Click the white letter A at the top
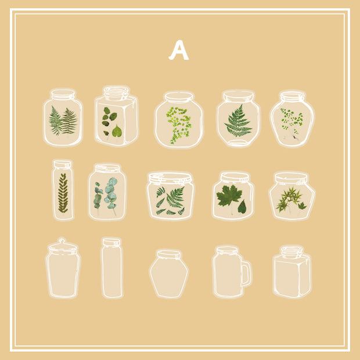click(179, 50)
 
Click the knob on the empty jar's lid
click(62, 241)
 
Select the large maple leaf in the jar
click(229, 196)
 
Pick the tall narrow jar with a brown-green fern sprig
click(63, 190)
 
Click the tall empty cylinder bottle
click(112, 268)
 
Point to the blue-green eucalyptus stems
click(106, 195)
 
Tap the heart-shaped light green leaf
click(117, 131)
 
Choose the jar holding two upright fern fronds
click(63, 117)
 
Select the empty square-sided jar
click(292, 272)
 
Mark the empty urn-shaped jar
click(169, 274)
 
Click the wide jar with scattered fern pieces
click(170, 196)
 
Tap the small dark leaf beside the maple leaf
click(242, 207)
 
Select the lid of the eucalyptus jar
click(107, 168)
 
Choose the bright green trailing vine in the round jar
click(179, 124)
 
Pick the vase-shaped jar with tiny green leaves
click(292, 118)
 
